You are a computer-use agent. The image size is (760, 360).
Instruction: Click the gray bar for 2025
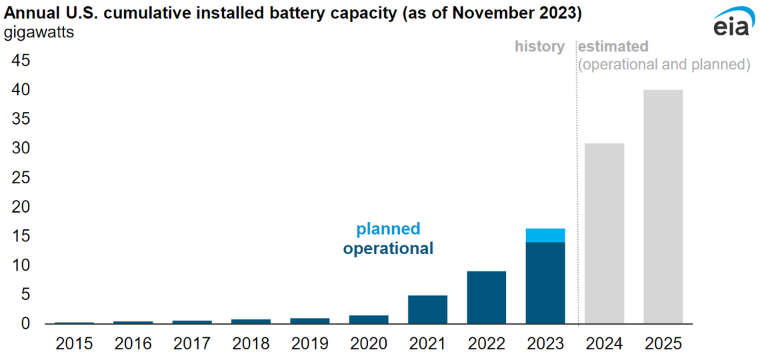point(663,207)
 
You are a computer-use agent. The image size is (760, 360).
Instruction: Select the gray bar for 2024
point(604,233)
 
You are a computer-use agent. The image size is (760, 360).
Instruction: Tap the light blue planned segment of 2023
point(545,235)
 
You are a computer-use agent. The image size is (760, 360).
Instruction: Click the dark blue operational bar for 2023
point(545,283)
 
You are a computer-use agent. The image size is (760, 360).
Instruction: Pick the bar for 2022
point(487,297)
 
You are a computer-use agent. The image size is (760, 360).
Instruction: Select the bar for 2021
point(427,309)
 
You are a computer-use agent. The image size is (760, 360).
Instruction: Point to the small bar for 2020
point(369,319)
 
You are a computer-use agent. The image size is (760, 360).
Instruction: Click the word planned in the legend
point(388,229)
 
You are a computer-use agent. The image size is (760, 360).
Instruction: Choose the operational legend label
point(388,249)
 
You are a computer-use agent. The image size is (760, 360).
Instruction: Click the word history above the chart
point(539,47)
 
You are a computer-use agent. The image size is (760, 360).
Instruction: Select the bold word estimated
point(613,47)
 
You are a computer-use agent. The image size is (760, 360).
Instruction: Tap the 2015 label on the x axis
point(74,344)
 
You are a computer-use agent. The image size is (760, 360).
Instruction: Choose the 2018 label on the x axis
point(251,344)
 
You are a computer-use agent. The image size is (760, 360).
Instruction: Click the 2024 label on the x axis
point(604,344)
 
